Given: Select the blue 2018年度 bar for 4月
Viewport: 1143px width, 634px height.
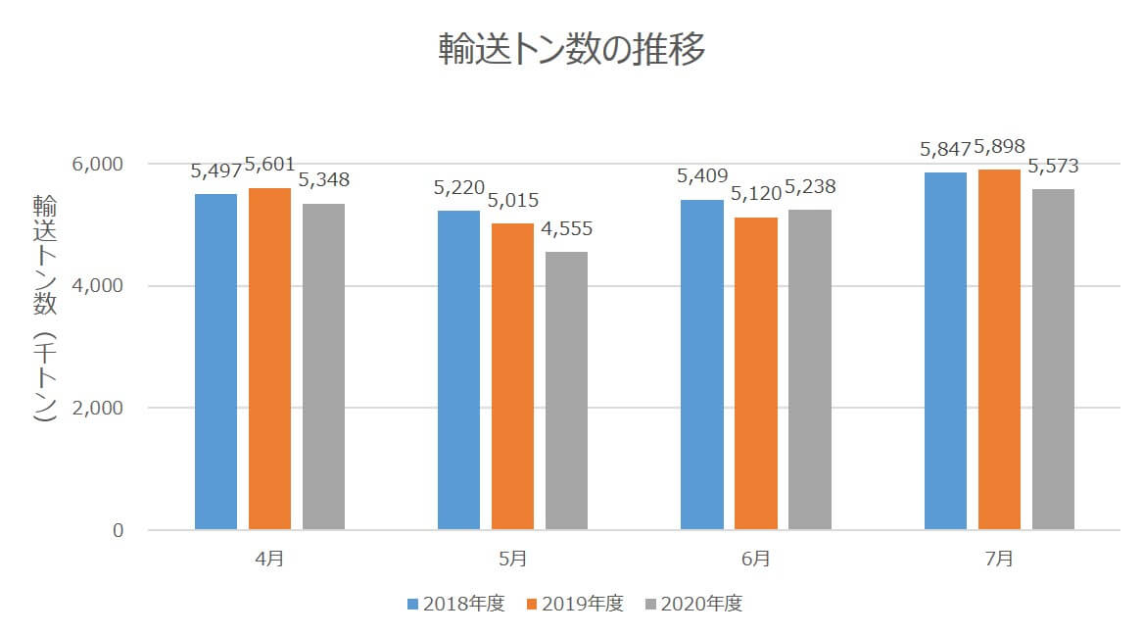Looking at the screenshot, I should point(215,362).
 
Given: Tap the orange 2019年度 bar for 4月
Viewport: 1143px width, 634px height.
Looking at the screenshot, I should point(269,359).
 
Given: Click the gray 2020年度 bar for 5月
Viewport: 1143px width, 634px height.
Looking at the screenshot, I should point(566,391).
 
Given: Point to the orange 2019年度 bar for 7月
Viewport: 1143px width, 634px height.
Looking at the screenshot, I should point(999,350).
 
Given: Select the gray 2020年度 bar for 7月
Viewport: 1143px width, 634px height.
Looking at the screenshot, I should point(1053,360).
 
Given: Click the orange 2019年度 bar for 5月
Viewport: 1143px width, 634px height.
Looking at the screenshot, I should point(512,376).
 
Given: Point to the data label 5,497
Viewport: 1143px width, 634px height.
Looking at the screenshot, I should point(215,171).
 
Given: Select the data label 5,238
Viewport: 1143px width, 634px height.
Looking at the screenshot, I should point(808,187).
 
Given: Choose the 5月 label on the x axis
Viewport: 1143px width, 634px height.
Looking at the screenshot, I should point(512,560).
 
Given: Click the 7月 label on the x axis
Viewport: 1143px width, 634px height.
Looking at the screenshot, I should point(999,560).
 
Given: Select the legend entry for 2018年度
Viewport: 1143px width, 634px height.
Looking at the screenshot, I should point(455,604).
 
